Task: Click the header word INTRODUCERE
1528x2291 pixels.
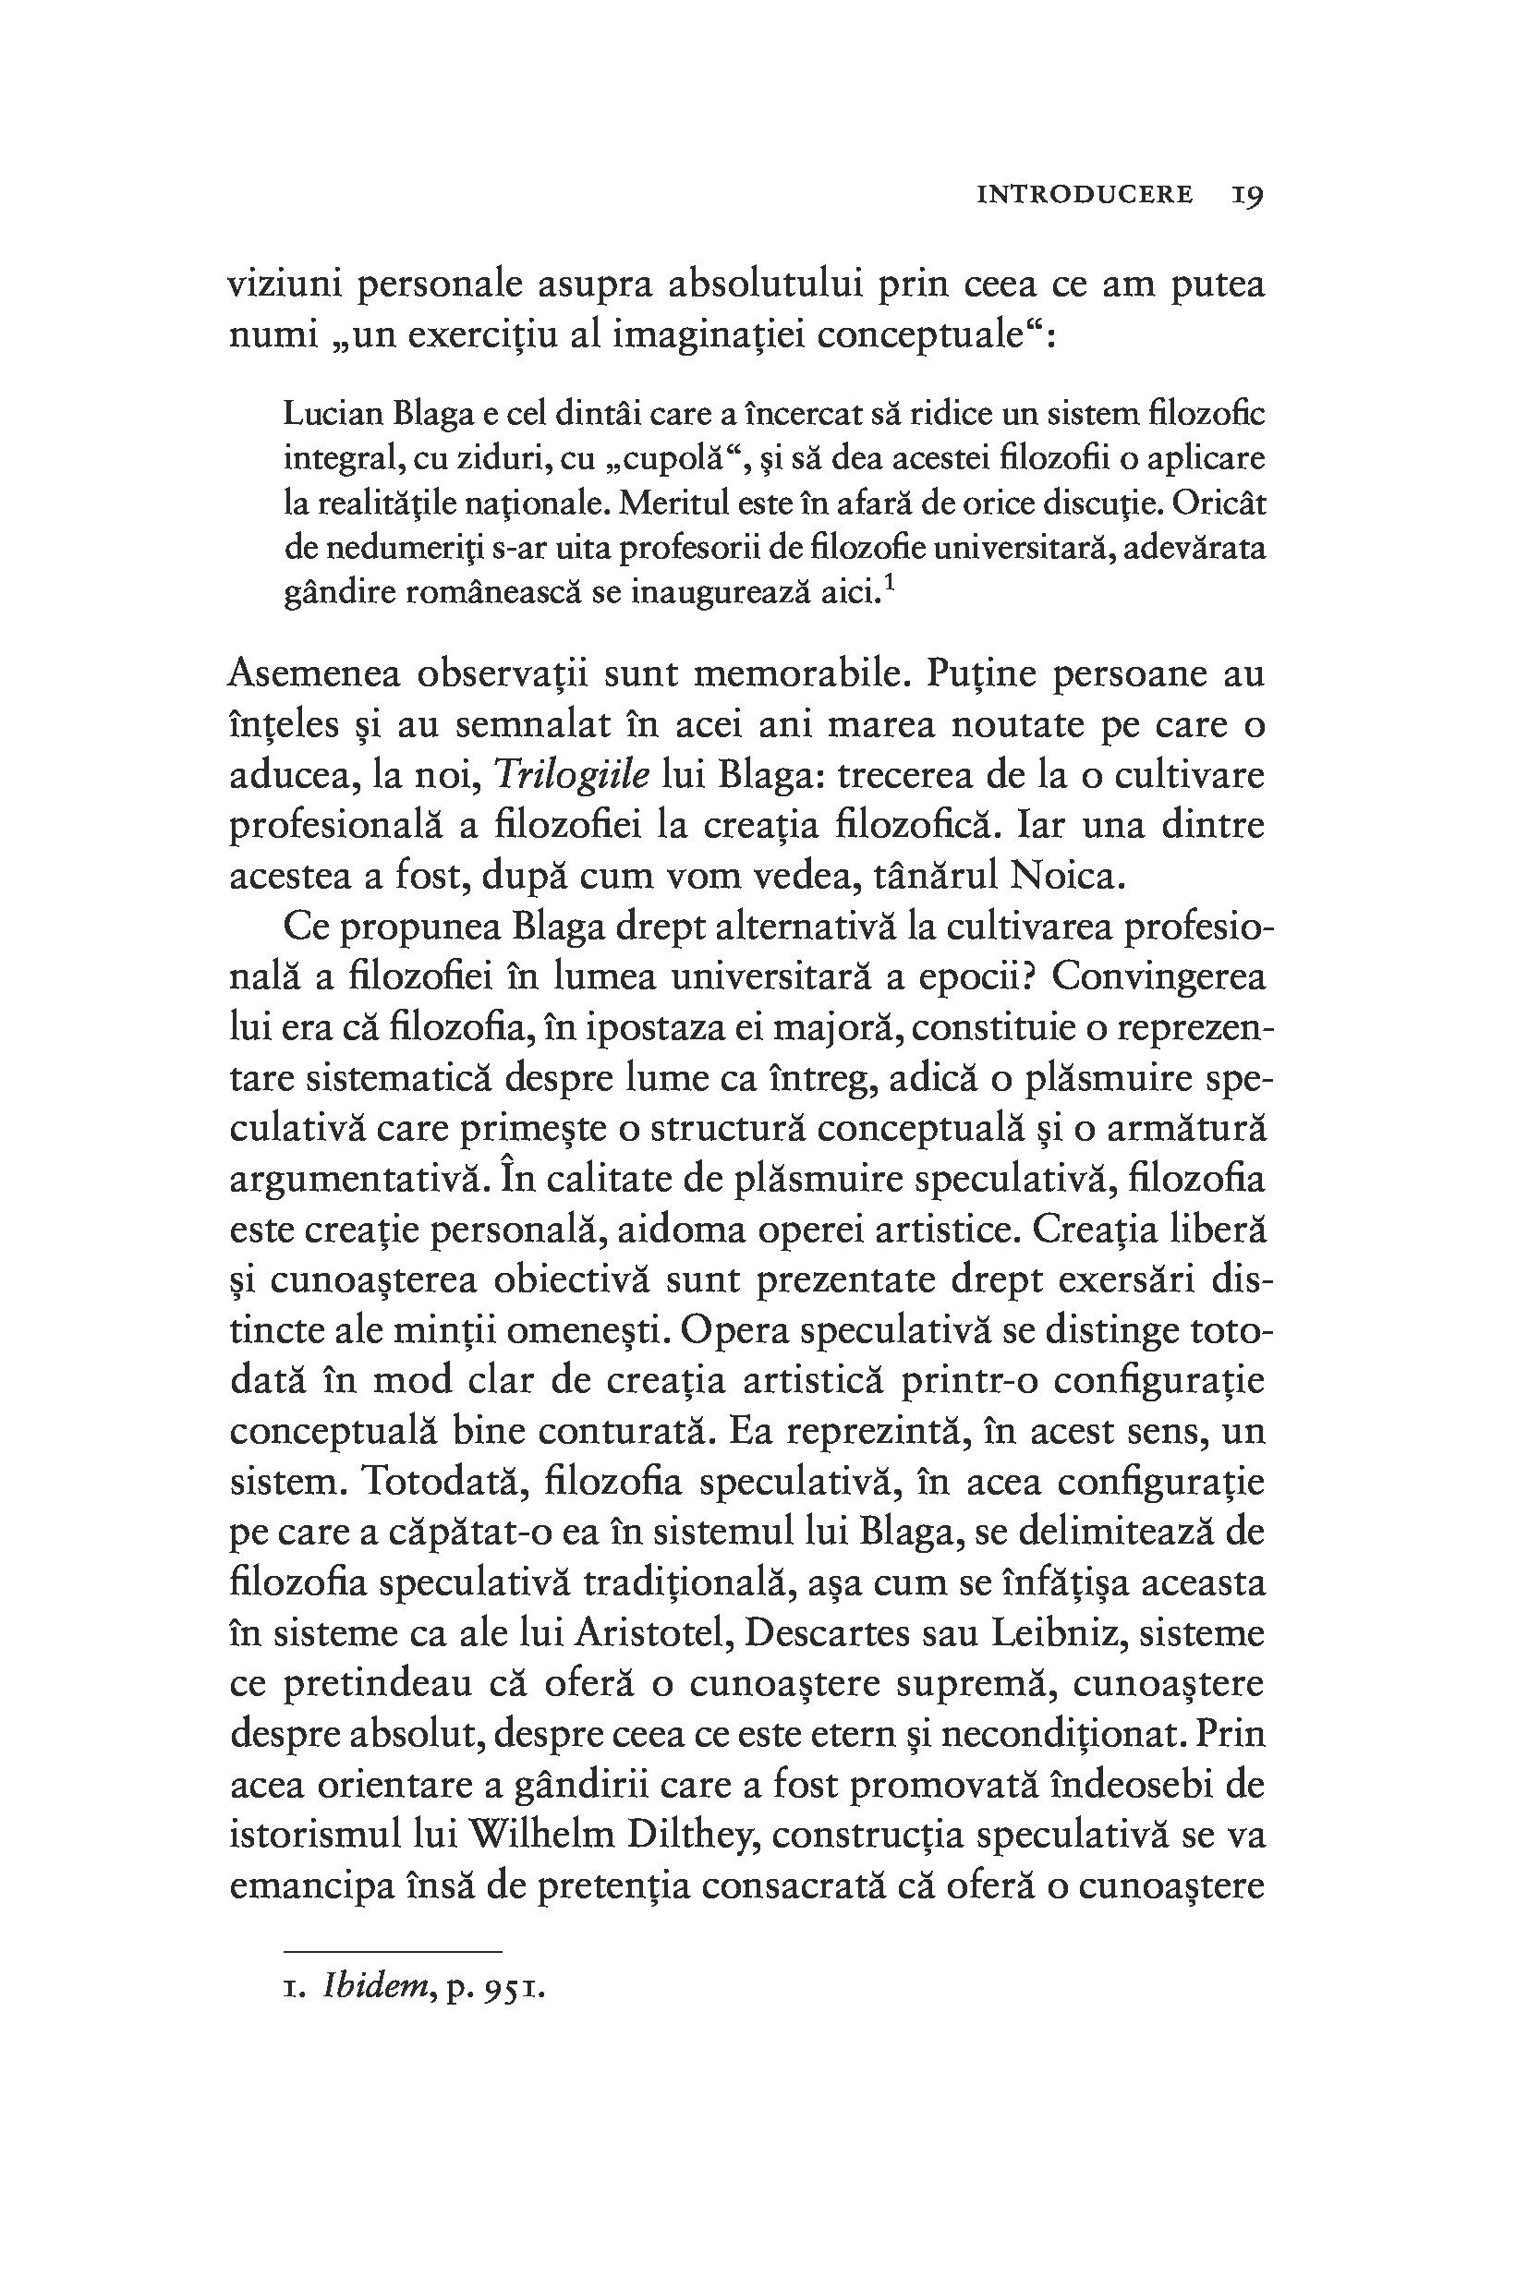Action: (x=1085, y=194)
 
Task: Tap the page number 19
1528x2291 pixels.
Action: (x=1247, y=194)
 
